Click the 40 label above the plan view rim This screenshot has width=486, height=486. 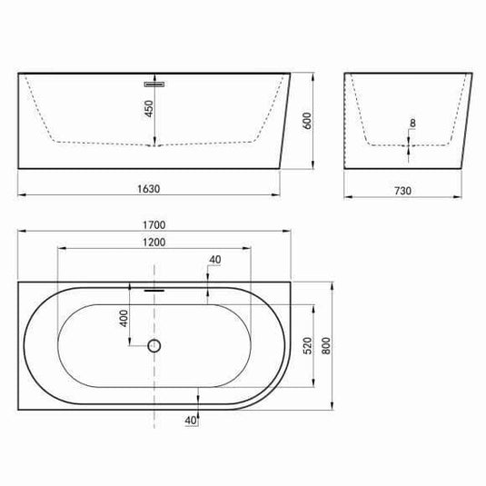215,260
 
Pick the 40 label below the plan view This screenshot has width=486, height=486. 191,420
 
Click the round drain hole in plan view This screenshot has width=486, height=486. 154,345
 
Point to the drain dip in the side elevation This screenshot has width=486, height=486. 154,144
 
